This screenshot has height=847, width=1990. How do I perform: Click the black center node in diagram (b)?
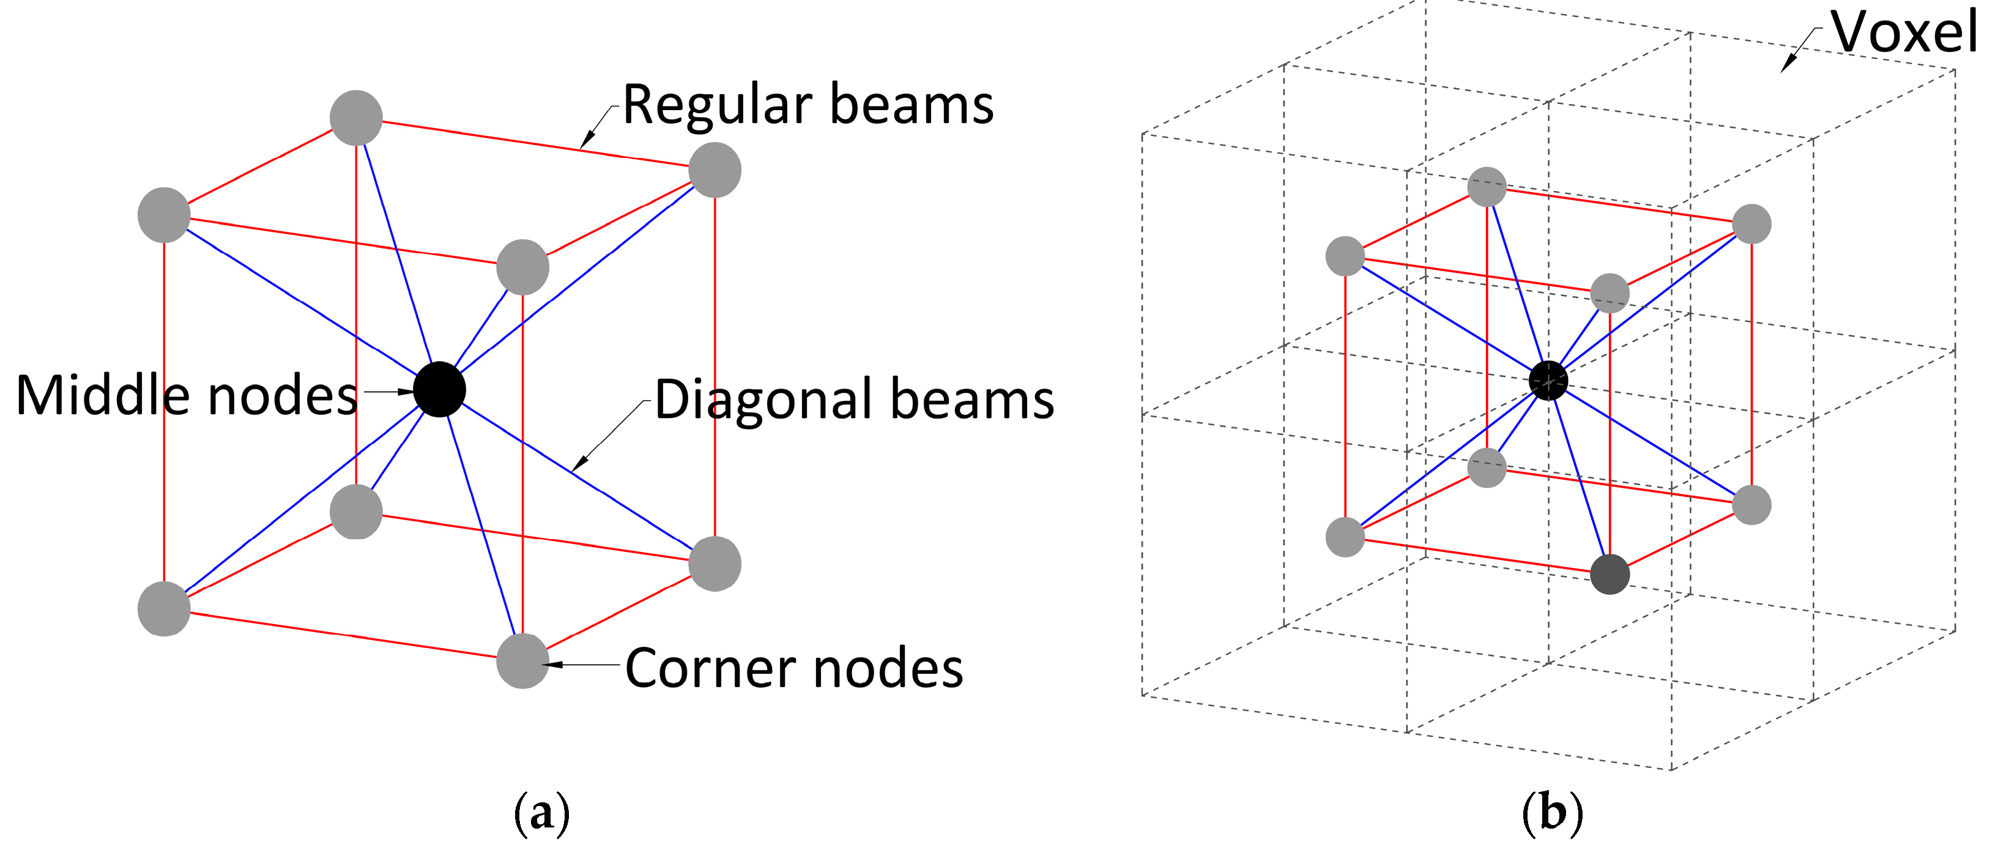1548,380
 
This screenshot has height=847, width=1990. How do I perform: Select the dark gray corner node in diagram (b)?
1610,574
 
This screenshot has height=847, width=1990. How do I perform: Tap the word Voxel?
1904,32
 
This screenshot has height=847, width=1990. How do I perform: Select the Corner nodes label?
794,668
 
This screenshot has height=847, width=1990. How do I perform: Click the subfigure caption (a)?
541,812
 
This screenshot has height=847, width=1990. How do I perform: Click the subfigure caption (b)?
1552,812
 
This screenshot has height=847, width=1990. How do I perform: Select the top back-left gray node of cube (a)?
356,118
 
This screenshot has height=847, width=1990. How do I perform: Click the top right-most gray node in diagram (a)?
715,170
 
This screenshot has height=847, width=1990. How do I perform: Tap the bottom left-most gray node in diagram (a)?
164,609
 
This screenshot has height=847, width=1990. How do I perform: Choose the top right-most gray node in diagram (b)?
1752,224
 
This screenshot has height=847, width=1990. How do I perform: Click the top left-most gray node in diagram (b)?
1345,256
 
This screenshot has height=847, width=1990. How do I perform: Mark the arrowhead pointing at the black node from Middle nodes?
409,392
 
